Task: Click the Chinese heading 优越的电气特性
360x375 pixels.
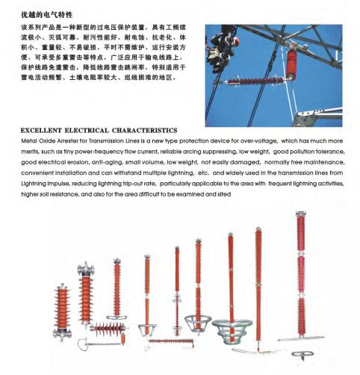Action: tap(46, 15)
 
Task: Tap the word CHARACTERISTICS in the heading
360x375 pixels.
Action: tap(144, 130)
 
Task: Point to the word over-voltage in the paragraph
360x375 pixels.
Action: tap(258, 141)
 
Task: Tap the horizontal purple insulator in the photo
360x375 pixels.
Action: tap(255, 81)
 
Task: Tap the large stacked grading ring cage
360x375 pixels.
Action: tap(232, 331)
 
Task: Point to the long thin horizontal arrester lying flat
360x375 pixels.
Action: tap(170, 341)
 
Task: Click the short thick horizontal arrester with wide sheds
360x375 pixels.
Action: tap(108, 329)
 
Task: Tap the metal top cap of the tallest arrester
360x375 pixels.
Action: tap(301, 214)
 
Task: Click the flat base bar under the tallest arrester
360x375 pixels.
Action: tap(301, 338)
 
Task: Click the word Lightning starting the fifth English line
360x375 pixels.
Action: tap(32, 184)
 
